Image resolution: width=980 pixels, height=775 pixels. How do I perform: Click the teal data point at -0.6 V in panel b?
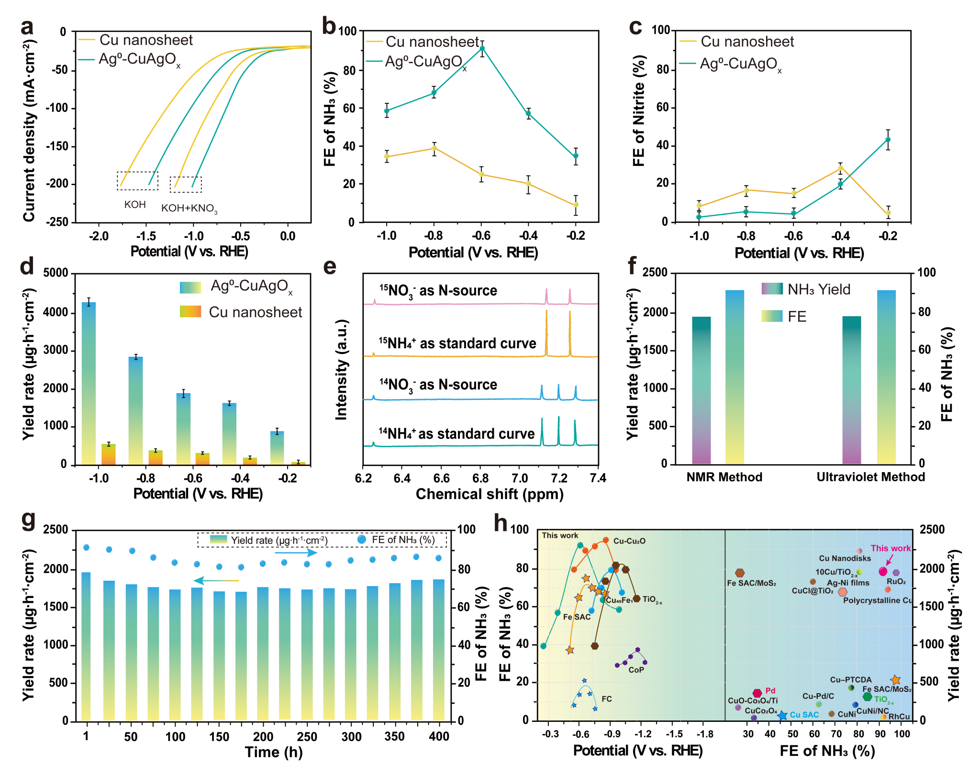[482, 48]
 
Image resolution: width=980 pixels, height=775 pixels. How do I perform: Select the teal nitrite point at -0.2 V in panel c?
[888, 140]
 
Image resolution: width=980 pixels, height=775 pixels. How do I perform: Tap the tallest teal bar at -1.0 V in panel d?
[89, 383]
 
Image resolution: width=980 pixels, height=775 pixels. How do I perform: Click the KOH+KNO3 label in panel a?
[189, 209]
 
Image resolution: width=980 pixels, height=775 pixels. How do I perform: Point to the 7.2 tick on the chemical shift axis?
[559, 478]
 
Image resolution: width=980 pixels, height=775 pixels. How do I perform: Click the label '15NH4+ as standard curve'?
[457, 343]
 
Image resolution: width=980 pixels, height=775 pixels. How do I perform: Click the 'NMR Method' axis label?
[724, 477]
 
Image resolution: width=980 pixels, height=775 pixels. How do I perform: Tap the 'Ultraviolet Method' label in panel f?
[870, 477]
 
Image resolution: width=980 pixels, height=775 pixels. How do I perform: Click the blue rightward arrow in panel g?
[296, 553]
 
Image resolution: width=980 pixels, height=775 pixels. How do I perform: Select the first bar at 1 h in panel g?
[86, 646]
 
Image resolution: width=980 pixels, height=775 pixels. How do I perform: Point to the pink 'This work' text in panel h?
[891, 548]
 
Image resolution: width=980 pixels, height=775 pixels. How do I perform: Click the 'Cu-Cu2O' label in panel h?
[629, 541]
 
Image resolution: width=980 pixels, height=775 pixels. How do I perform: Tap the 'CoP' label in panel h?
[636, 670]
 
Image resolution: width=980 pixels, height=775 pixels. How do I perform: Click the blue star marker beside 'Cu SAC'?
[782, 716]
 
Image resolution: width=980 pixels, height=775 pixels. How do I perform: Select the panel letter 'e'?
[330, 266]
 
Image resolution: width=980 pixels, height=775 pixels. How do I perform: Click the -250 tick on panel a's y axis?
[57, 222]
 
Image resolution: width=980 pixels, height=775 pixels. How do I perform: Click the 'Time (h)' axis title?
[274, 752]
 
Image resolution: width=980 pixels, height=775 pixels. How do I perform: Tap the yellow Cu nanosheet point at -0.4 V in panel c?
[840, 168]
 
